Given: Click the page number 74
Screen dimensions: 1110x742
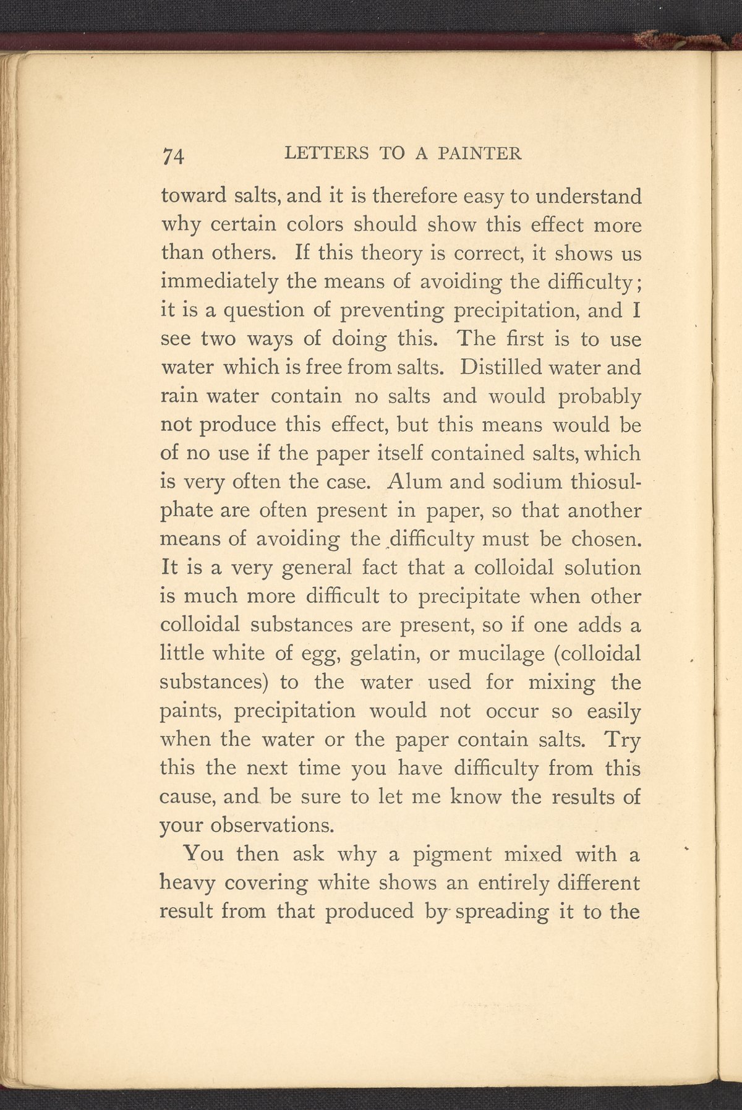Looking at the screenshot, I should click(x=173, y=155).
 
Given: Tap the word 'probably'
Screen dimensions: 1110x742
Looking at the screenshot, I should click(x=599, y=397).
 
